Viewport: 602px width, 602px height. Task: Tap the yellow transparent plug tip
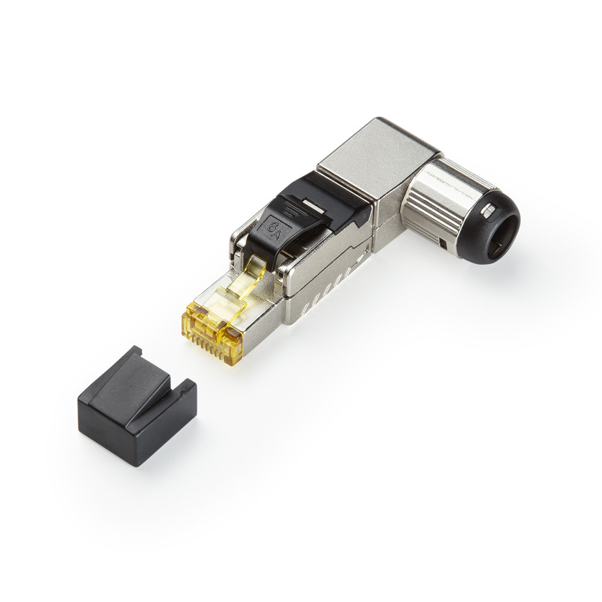pyautogui.click(x=213, y=327)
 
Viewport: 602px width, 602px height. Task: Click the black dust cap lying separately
pyautogui.click(x=137, y=406)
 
